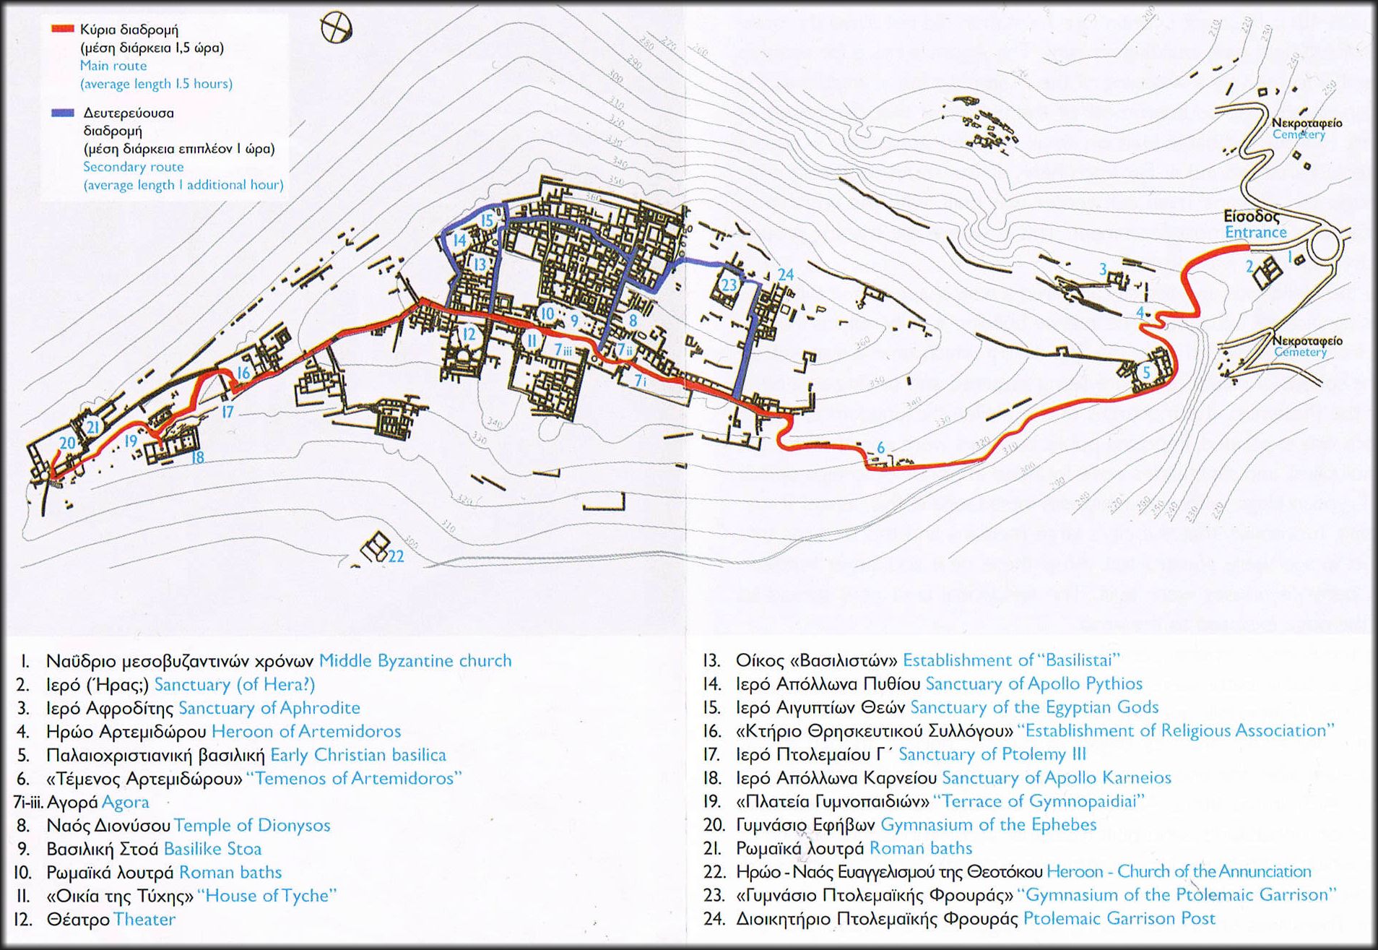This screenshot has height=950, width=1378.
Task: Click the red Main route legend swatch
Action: [x=62, y=30]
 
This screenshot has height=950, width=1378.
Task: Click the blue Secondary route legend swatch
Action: [x=62, y=113]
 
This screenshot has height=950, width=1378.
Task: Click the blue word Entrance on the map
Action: [x=1255, y=232]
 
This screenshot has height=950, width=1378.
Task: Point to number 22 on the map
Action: [x=396, y=556]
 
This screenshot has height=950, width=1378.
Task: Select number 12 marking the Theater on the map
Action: [x=469, y=334]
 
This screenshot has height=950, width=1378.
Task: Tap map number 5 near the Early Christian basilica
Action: [x=1145, y=372]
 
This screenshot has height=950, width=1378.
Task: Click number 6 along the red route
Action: [x=880, y=448]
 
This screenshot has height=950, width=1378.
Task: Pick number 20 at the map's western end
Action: [x=67, y=443]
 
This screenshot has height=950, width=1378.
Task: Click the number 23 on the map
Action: [x=729, y=285]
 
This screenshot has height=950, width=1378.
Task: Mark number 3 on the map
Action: [x=1103, y=269]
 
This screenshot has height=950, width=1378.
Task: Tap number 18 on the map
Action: [x=197, y=457]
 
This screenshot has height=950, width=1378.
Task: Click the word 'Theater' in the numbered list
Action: [x=144, y=919]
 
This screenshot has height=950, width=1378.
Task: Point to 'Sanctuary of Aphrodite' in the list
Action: [x=269, y=707]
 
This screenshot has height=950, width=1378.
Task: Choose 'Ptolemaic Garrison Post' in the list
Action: [x=1119, y=918]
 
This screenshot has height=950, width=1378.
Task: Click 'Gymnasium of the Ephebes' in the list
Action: [x=988, y=824]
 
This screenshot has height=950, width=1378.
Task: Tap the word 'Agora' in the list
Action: [x=125, y=802]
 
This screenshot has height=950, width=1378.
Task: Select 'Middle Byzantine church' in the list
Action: [x=415, y=660]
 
